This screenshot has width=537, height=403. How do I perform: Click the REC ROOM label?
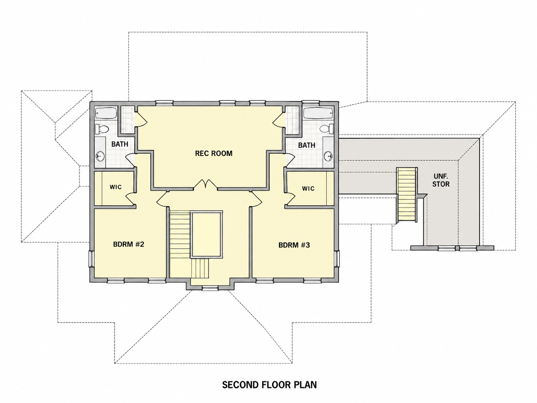pyautogui.click(x=214, y=153)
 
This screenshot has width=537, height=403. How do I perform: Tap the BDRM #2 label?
pyautogui.click(x=129, y=244)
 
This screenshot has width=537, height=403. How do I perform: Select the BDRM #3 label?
pyautogui.click(x=294, y=245)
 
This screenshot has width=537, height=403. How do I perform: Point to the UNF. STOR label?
pyautogui.click(x=441, y=180)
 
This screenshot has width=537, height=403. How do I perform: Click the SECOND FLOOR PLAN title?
pyautogui.click(x=269, y=385)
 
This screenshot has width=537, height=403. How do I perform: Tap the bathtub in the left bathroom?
pyautogui.click(x=106, y=114)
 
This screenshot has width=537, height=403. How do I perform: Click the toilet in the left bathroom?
pyautogui.click(x=102, y=129)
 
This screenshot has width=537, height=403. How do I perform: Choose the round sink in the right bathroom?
pyautogui.click(x=329, y=155)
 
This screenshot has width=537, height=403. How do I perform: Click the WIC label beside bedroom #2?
pyautogui.click(x=115, y=187)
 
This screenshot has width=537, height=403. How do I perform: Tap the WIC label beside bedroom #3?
pyautogui.click(x=308, y=189)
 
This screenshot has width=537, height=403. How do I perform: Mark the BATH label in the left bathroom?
pyautogui.click(x=120, y=144)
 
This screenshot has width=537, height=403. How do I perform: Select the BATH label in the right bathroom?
pyautogui.click(x=307, y=145)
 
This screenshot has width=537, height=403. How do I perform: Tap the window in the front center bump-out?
pyautogui.click(x=210, y=288)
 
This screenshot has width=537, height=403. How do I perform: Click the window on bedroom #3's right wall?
pyautogui.click(x=337, y=259)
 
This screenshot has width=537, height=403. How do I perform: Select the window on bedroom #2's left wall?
pyautogui.click(x=91, y=259)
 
